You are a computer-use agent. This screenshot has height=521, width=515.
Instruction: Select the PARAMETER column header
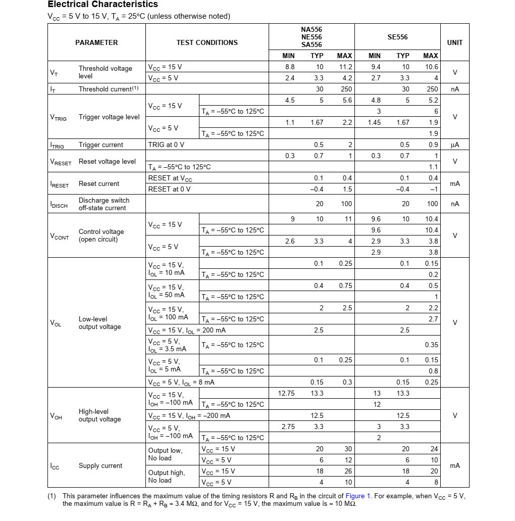tap(96, 43)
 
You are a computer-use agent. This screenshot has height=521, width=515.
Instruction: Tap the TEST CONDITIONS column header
tap(207, 43)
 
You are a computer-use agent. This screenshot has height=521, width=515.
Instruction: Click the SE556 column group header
tap(397, 37)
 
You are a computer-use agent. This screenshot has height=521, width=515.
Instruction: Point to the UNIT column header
tap(454, 43)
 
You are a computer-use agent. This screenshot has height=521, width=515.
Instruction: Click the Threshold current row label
tap(109, 89)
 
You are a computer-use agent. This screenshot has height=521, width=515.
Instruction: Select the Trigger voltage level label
tap(109, 117)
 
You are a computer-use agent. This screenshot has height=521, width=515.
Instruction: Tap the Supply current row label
tap(100, 466)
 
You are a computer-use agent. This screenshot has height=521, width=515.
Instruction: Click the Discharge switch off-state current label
tap(104, 204)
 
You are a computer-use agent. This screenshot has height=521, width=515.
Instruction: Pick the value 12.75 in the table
tap(286, 394)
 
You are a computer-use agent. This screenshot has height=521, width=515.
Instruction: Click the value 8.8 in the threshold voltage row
tap(290, 67)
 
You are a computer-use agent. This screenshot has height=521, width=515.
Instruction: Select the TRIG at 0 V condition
tap(166, 145)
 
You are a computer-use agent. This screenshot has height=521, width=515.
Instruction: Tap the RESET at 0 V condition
tap(169, 190)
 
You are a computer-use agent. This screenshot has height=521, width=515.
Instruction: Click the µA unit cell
tap(454, 145)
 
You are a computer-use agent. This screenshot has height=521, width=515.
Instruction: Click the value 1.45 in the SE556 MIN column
tap(374, 123)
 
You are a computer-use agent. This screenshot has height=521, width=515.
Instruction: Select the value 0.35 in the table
tap(431, 345)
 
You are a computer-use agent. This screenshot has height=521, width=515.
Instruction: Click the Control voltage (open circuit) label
tap(101, 235)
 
